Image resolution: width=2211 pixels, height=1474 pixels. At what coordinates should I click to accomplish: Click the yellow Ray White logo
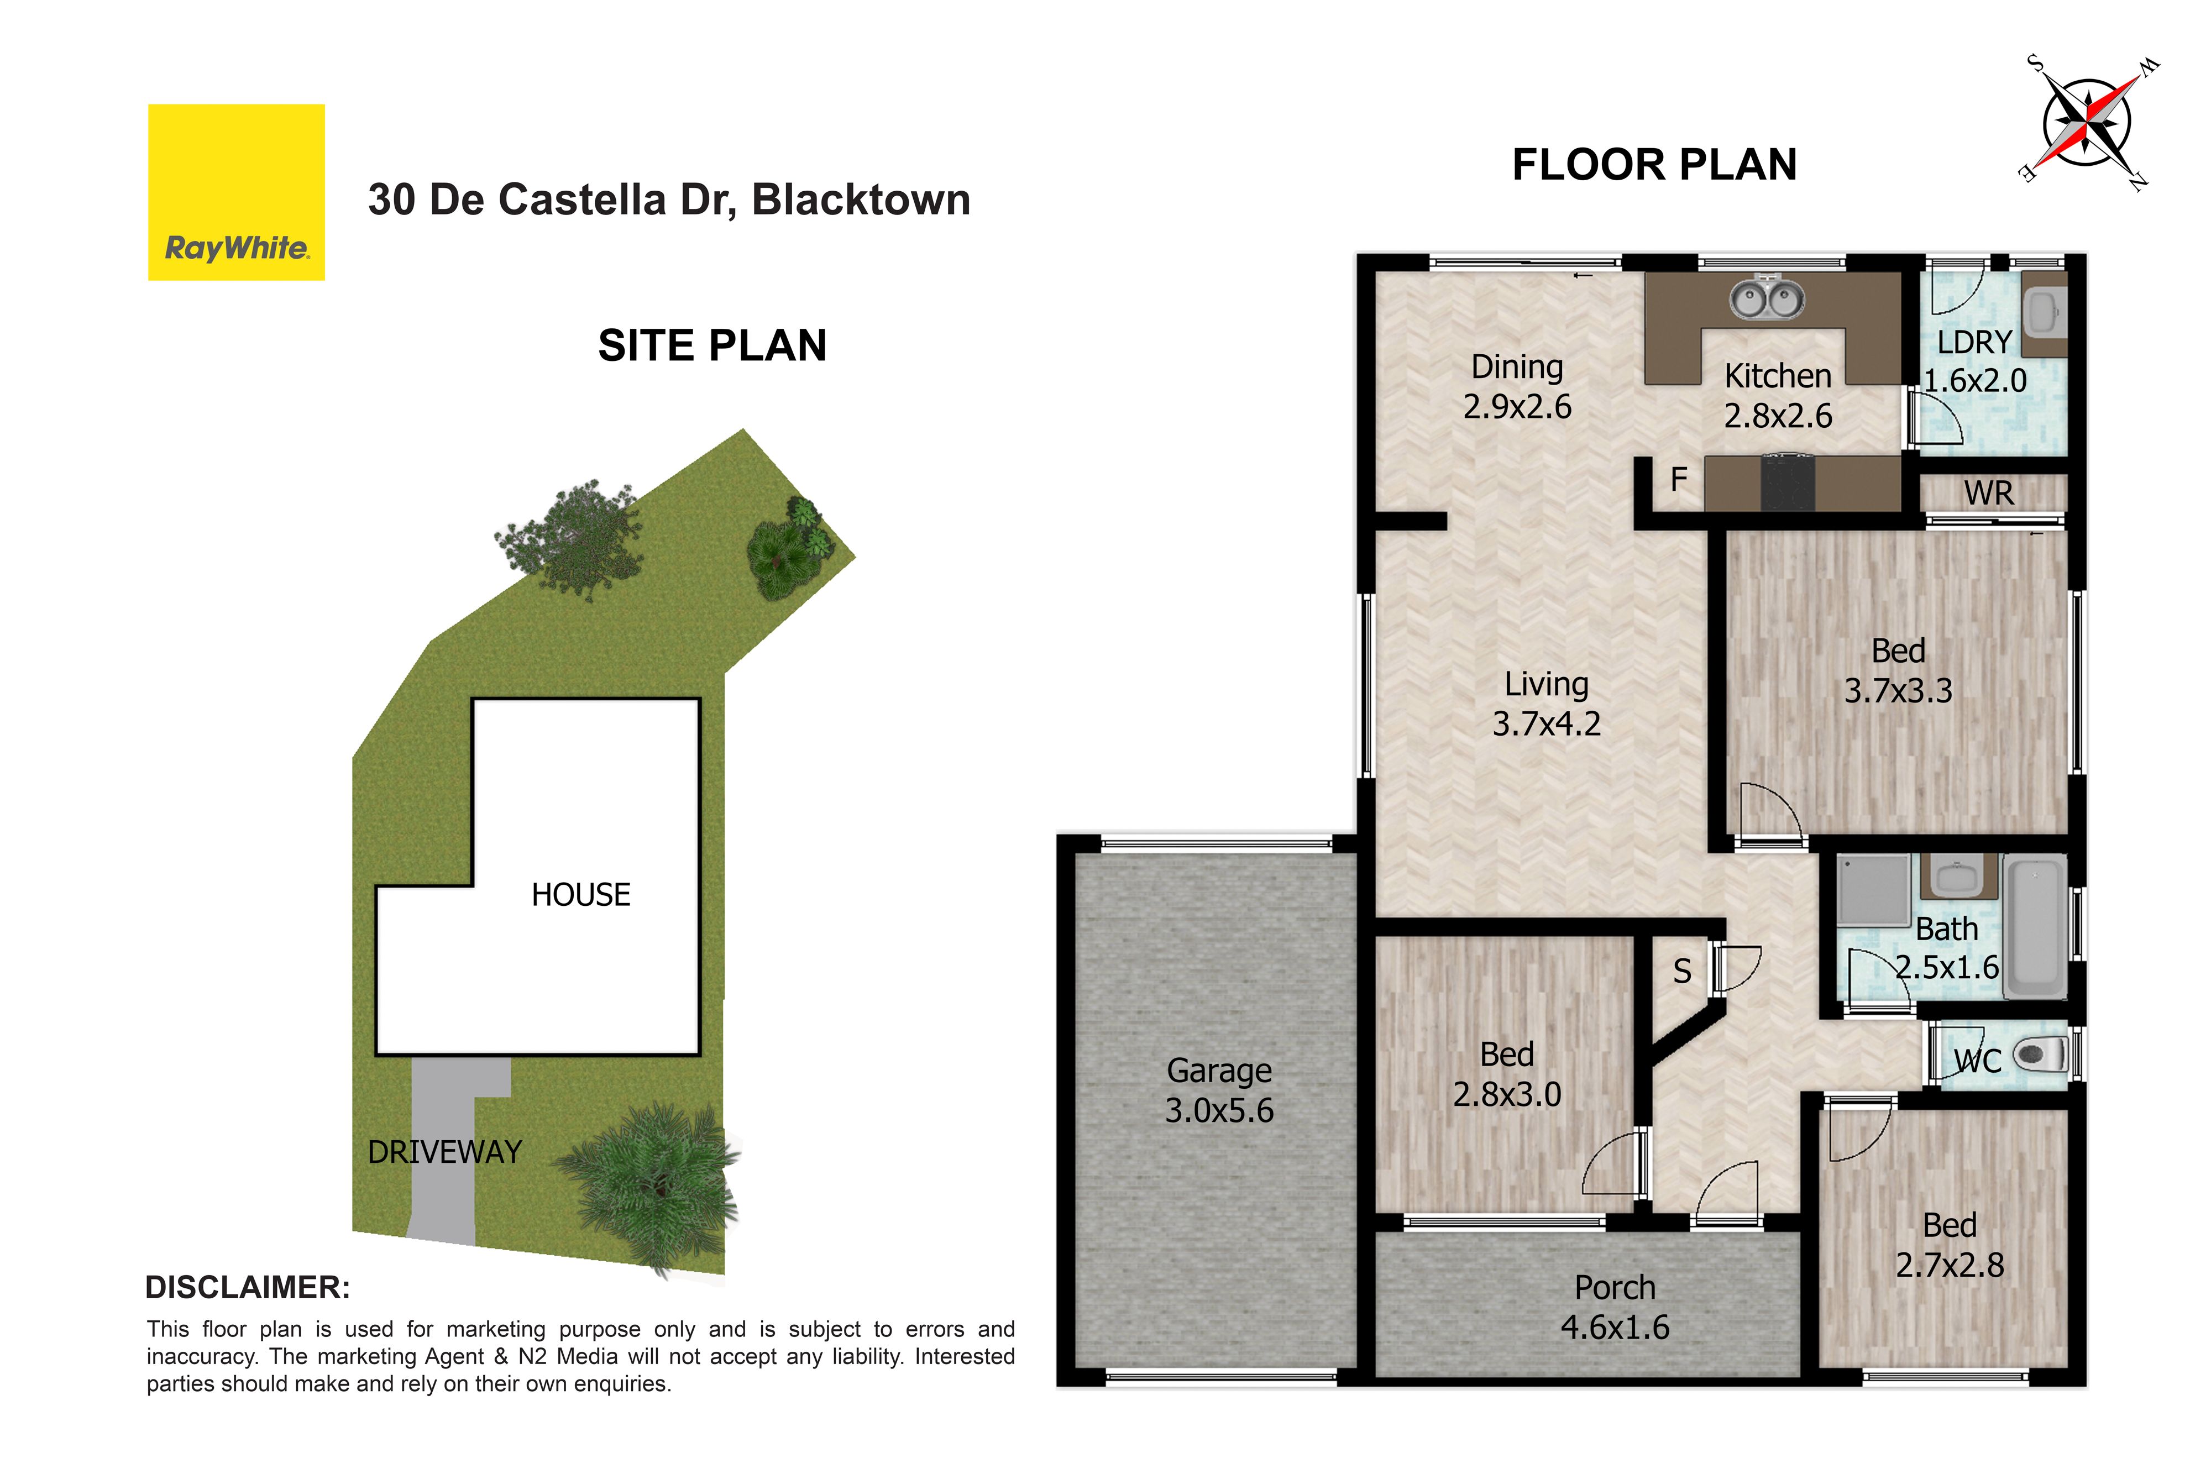pos(236,192)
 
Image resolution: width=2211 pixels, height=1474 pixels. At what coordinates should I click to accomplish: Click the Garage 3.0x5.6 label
pos(1219,1090)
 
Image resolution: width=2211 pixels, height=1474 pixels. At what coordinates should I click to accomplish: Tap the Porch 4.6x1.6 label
pos(1615,1307)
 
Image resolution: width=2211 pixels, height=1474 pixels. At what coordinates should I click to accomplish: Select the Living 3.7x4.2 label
pos(1547,703)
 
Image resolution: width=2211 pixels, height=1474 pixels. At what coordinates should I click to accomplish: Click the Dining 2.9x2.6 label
pos(1517,386)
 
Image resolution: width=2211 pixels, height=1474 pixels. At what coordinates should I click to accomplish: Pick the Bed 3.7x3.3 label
pos(1898,670)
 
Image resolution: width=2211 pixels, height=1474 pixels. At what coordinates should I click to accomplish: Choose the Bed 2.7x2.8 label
pos(1950,1245)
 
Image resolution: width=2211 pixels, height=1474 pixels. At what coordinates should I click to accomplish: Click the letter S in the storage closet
pos(1682,971)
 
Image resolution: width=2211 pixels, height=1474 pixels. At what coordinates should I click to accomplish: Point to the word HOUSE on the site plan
pos(581,894)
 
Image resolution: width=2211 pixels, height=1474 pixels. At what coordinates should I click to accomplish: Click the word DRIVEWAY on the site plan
pos(444,1152)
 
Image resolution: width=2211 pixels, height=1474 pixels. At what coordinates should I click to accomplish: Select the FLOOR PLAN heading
pos(1654,165)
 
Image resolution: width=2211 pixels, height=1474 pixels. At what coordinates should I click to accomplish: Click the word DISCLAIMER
pos(247,1287)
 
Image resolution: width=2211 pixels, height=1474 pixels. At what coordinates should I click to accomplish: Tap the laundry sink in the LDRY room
pos(2044,313)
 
